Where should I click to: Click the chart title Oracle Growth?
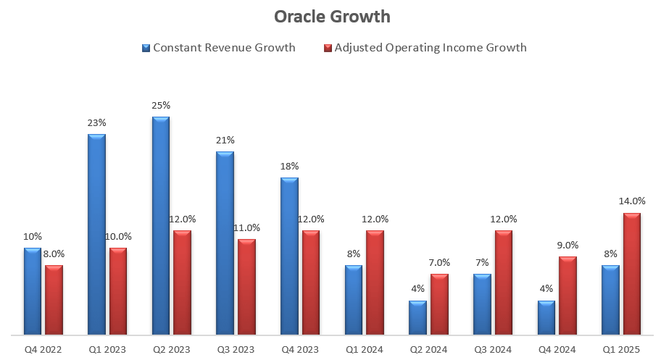pyautogui.click(x=332, y=16)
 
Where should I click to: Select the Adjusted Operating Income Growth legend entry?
pyautogui.click(x=425, y=48)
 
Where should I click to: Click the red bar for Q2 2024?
pyautogui.click(x=438, y=304)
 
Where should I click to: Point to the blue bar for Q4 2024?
pyautogui.click(x=546, y=318)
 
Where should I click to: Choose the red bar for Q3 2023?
pyautogui.click(x=246, y=287)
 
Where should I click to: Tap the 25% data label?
pyautogui.click(x=161, y=105)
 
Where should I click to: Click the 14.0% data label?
pyautogui.click(x=632, y=201)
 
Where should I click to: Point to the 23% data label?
pyautogui.click(x=96, y=122)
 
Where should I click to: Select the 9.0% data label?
pyautogui.click(x=568, y=245)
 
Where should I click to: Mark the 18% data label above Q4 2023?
pyautogui.click(x=289, y=166)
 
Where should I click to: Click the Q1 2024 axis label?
pyautogui.click(x=363, y=349)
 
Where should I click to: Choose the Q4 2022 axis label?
pyautogui.click(x=43, y=349)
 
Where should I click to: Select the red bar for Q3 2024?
pyautogui.click(x=503, y=282)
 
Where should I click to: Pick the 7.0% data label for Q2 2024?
pyautogui.click(x=439, y=262)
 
